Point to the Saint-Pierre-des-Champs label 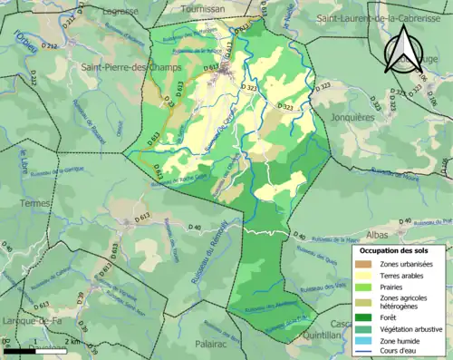pos(131,68)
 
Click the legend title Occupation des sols pos(400,249)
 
